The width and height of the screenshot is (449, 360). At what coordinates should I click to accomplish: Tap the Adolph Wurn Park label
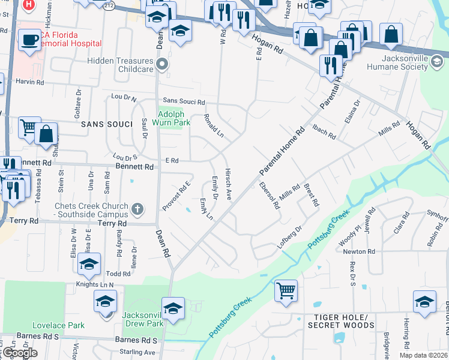tap(174, 118)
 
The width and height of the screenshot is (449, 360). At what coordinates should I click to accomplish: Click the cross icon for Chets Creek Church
tap(138, 209)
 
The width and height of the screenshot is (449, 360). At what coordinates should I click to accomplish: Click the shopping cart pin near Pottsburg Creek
tap(286, 291)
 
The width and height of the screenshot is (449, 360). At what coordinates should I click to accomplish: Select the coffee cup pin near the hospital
tap(29, 40)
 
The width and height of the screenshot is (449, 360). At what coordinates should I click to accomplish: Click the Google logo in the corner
tap(19, 353)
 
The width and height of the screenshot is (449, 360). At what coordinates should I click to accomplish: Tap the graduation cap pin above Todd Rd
tap(89, 264)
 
